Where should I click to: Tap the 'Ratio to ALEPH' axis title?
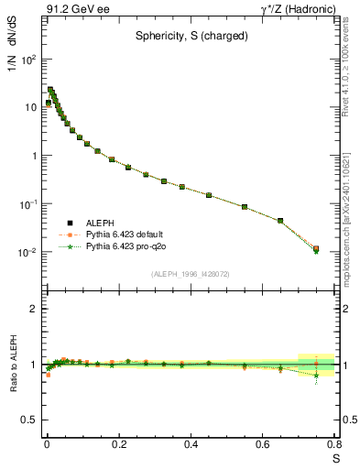(x=12, y=364)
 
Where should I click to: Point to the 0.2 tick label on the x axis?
(x=119, y=444)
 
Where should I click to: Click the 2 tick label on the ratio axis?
(x=34, y=309)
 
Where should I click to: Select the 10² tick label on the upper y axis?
(x=29, y=60)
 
